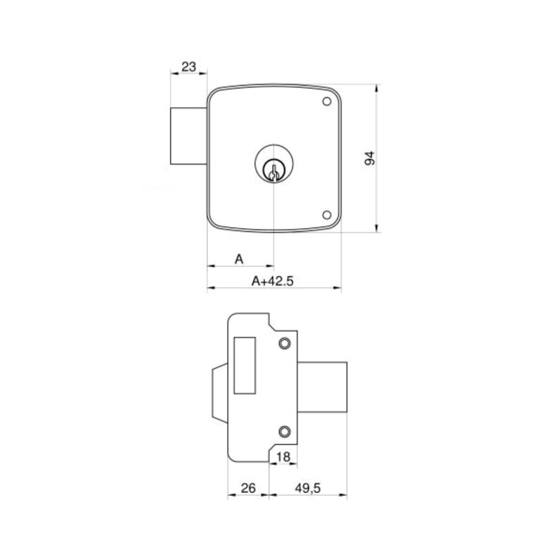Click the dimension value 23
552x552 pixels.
(189, 67)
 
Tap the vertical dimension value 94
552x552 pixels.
(369, 158)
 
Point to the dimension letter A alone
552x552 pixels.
(239, 259)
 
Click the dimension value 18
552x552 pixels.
(283, 457)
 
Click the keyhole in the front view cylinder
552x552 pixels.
(274, 172)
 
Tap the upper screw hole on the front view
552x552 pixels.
(326, 101)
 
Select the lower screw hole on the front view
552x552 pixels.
(326, 215)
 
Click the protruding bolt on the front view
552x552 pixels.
(189, 136)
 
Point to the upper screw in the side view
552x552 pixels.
(285, 343)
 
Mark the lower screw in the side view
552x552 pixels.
(285, 431)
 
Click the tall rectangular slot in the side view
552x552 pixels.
(245, 364)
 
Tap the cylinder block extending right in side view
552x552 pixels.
(322, 387)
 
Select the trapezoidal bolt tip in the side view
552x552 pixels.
(220, 392)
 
